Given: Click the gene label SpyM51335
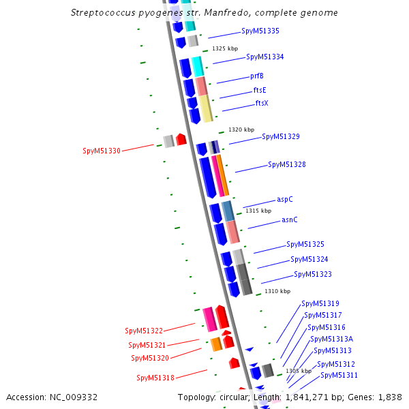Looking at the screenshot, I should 260,31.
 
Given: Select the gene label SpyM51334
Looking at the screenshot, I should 264,57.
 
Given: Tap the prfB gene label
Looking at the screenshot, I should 257,76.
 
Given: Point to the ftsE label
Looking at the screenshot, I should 260,90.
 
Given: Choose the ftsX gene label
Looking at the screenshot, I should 262,104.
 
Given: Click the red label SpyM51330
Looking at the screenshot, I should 102,151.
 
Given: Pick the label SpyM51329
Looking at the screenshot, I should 281,137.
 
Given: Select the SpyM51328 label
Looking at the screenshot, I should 286,165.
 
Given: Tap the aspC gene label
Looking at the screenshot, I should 285,200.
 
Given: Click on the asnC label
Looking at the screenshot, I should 290,220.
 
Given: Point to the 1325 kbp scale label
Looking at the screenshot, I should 225,49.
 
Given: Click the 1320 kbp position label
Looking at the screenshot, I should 241,130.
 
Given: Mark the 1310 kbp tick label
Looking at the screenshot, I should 277,291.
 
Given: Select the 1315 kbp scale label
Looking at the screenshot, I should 258,211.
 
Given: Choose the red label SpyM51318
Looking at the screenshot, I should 155,378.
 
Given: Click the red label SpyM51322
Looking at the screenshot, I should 144,331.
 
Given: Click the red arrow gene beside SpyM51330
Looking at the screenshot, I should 181,140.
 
